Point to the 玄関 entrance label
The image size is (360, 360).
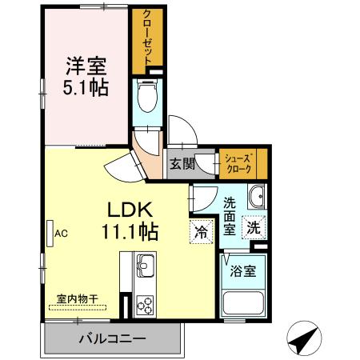pyautogui.click(x=182, y=165)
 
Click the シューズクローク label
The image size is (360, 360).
pyautogui.click(x=239, y=164)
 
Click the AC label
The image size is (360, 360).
pyautogui.click(x=62, y=234)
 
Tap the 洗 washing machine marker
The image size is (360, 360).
pyautogui.click(x=254, y=227)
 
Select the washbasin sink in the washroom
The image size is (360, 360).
pyautogui.click(x=257, y=198)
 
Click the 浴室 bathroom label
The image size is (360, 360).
pyautogui.click(x=244, y=270)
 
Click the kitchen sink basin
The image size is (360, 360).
pyautogui.click(x=146, y=263)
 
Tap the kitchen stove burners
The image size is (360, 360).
pyautogui.click(x=146, y=303)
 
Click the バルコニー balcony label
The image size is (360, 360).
pyautogui.click(x=112, y=338)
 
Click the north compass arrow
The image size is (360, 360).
pyautogui.click(x=302, y=340)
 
